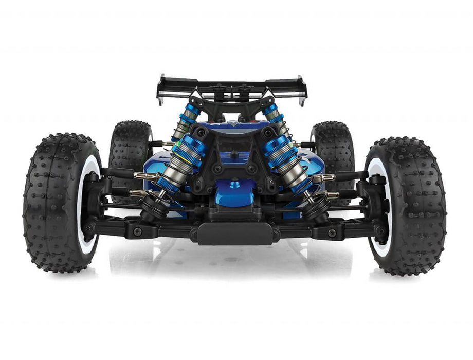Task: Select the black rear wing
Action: click(x=231, y=85)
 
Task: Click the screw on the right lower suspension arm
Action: click(x=332, y=232)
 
